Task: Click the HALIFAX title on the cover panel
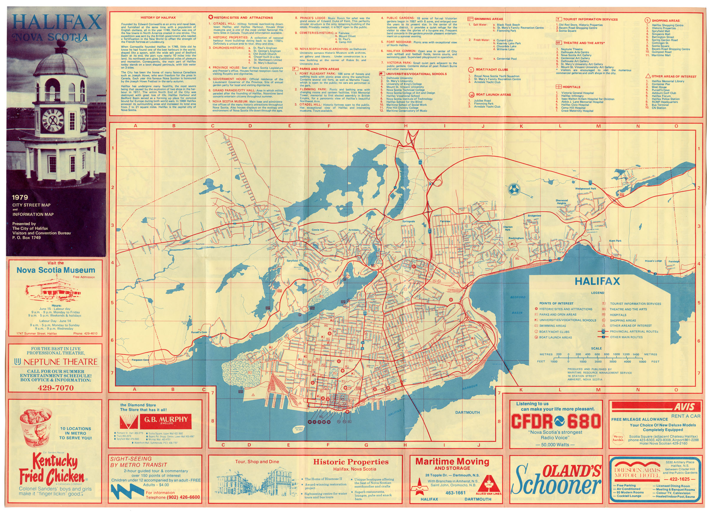57,22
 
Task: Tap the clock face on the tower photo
53,120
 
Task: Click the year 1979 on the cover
20,197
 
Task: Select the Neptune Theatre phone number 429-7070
55,388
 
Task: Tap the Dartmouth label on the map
468,412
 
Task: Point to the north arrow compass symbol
514,189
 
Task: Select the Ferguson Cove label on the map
140,360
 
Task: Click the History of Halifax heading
158,17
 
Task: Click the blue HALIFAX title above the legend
597,281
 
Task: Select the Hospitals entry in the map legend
618,315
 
